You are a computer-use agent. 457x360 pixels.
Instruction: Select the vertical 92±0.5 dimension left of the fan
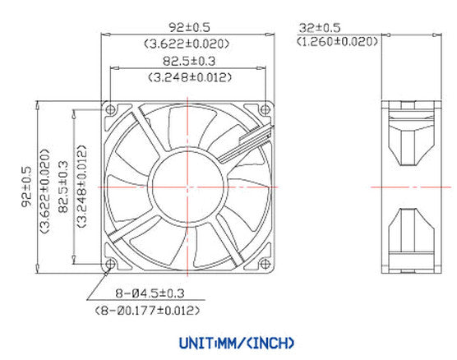26,187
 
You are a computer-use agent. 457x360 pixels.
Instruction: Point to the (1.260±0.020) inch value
338,42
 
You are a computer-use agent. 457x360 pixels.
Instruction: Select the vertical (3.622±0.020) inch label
44,187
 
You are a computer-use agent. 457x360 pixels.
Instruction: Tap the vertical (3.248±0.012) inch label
81,187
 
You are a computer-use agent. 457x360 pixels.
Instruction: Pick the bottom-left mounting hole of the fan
111,264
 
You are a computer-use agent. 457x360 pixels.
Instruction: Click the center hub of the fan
187,187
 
